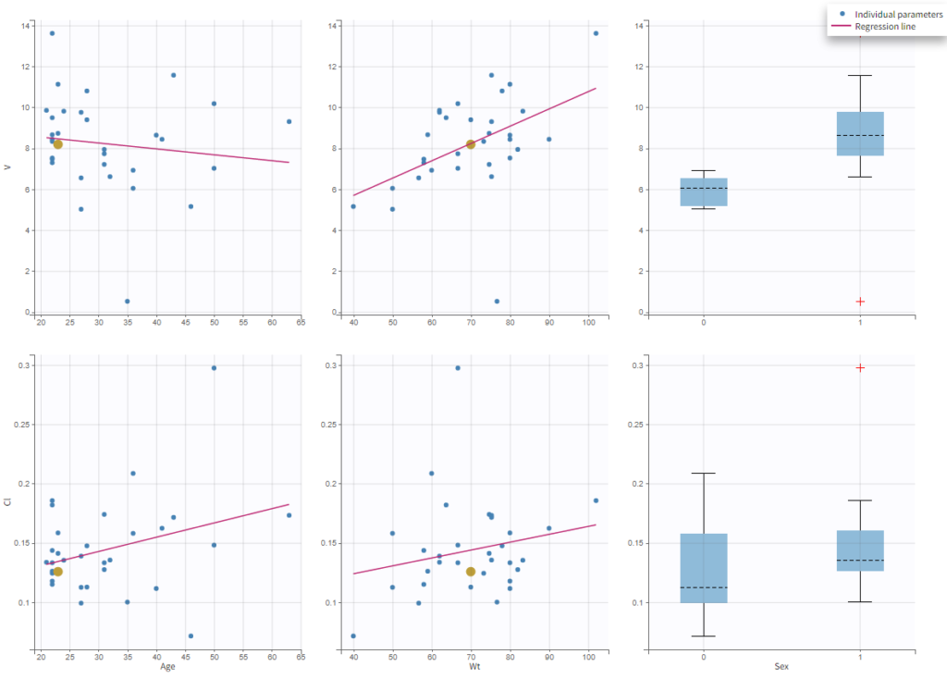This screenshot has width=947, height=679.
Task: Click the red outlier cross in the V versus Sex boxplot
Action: [860, 302]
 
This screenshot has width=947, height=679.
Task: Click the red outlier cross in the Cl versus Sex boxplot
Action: [860, 367]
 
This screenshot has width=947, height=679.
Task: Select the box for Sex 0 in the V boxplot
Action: [704, 191]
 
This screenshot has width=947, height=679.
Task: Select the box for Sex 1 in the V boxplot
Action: [860, 133]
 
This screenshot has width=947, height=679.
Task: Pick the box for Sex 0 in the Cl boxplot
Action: [704, 568]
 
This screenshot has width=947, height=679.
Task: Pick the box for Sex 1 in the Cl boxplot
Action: [860, 550]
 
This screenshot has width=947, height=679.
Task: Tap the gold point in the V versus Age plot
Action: [57, 143]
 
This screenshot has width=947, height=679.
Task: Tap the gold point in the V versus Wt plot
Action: [471, 144]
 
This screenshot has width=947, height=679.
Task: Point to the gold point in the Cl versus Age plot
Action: [57, 572]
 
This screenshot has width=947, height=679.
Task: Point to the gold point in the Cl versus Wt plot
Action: [471, 572]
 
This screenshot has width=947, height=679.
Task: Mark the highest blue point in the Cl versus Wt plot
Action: [457, 367]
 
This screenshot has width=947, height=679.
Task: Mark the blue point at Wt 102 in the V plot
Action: [596, 33]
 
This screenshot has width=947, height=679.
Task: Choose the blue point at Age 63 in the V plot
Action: [289, 121]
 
